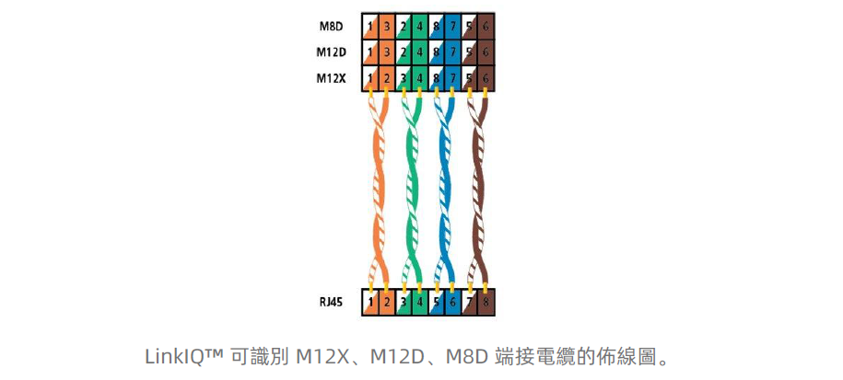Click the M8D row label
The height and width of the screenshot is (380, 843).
point(332,27)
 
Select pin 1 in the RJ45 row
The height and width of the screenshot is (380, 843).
point(370,301)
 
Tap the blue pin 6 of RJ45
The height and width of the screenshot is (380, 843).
point(452,301)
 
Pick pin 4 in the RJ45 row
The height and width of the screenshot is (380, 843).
point(419,301)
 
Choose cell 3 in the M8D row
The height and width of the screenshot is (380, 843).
point(387,27)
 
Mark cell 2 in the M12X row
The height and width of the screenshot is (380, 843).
point(387,78)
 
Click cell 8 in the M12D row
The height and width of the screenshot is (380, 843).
point(436,52)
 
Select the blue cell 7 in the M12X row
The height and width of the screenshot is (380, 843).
point(452,78)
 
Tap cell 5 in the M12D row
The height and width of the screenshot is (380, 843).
point(469,52)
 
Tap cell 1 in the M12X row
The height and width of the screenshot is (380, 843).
point(370,78)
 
